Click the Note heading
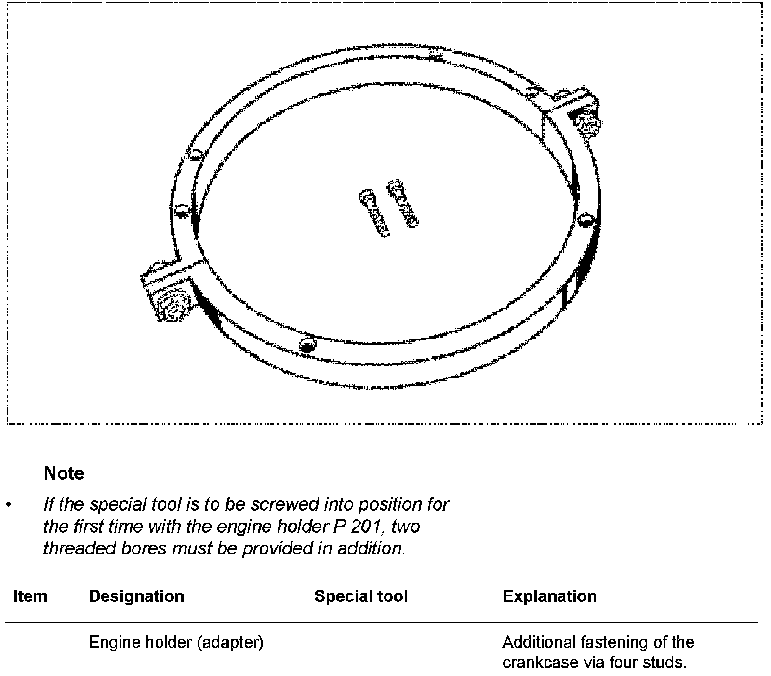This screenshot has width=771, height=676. pyautogui.click(x=64, y=473)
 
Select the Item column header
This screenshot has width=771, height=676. pyautogui.click(x=30, y=596)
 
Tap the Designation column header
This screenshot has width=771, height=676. pyautogui.click(x=136, y=596)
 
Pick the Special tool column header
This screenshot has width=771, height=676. pyautogui.click(x=361, y=596)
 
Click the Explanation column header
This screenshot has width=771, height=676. pyautogui.click(x=549, y=596)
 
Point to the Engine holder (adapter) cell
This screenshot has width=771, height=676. pyautogui.click(x=176, y=643)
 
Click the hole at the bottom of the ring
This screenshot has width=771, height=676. pyautogui.click(x=307, y=344)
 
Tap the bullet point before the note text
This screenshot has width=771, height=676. pyautogui.click(x=8, y=505)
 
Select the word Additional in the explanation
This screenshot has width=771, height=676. pyautogui.click(x=540, y=643)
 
